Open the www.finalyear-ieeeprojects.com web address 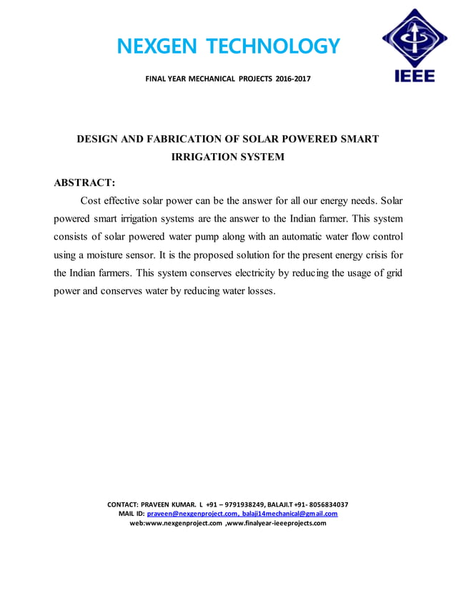pos(276,523)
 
